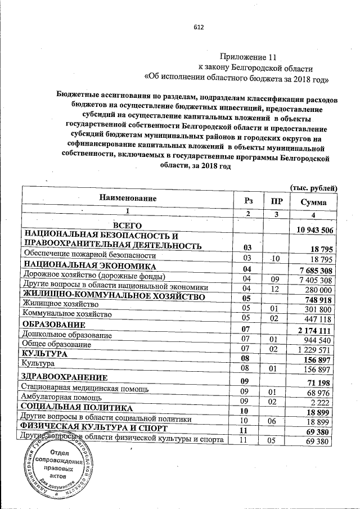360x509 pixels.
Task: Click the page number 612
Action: (198, 27)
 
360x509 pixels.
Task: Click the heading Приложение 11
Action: (249, 57)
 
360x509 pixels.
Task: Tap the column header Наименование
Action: (128, 198)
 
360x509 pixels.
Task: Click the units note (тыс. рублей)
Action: (313, 187)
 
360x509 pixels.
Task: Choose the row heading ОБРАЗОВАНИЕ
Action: (53, 325)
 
